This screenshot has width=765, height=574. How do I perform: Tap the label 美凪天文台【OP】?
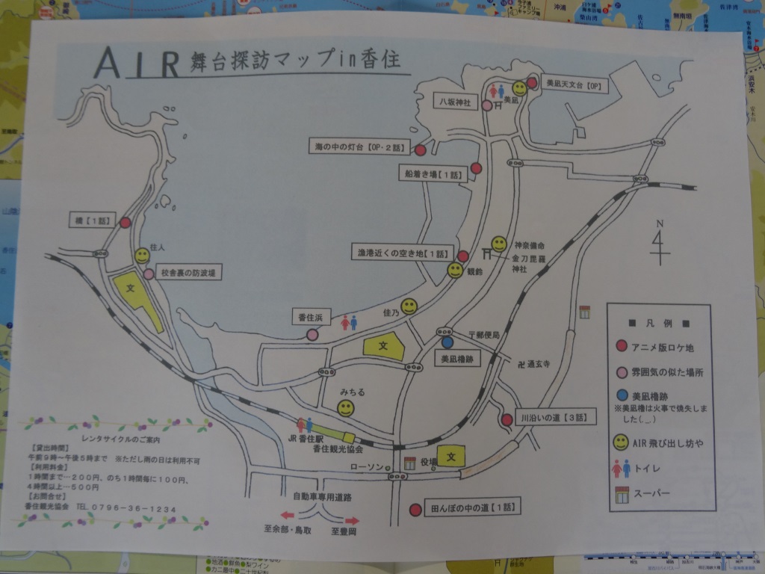pos(574,85)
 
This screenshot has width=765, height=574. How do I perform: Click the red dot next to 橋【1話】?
pos(126,222)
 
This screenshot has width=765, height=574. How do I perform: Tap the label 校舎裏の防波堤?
pos(191,274)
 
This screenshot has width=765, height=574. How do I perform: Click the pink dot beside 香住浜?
pos(312,335)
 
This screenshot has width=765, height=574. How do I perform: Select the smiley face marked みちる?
pos(345,408)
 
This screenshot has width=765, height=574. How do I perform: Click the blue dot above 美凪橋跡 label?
pos(447,342)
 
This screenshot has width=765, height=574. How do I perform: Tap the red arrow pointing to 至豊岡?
pos(350,519)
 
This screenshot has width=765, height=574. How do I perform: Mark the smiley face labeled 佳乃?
pos(409,306)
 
